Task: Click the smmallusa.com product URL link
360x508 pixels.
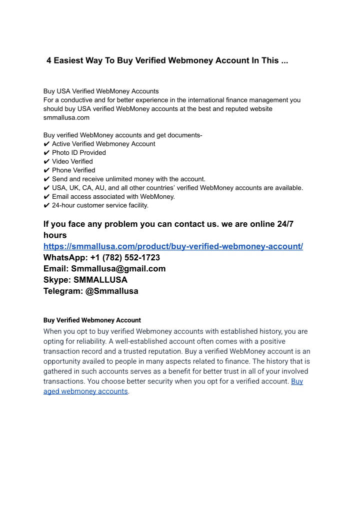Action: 173,247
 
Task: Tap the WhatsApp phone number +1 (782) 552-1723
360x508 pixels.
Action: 125,258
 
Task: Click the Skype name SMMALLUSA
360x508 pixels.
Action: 100,280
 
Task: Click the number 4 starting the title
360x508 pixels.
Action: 49,61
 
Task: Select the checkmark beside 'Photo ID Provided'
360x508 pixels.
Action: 46,153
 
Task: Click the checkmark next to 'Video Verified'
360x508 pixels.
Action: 46,161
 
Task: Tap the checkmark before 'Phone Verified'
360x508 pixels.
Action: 46,170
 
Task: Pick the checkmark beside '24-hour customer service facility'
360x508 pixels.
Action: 46,205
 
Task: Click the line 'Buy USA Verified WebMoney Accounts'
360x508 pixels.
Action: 101,91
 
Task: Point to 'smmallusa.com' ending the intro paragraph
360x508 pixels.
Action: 66,118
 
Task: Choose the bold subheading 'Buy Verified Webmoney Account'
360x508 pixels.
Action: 92,320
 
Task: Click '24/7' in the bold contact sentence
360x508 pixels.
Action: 285,224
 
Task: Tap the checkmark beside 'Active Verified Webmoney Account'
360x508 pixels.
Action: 46,144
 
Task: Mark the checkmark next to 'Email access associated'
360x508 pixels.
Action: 46,196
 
